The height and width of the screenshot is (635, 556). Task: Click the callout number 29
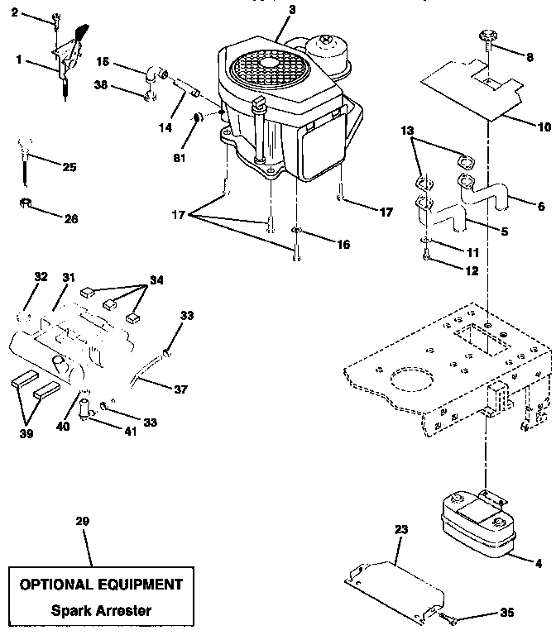coord(81,522)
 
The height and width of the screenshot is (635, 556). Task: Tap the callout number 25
coord(69,168)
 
